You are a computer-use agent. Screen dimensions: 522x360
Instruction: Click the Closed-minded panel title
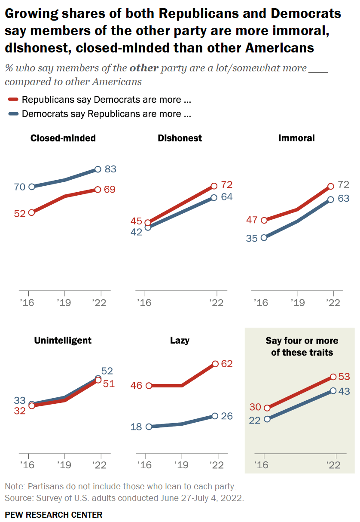(63, 138)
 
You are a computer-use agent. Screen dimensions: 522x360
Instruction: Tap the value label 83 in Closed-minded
(110, 169)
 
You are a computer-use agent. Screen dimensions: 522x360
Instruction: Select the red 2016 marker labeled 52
(31, 212)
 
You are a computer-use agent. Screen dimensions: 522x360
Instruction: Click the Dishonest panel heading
(180, 138)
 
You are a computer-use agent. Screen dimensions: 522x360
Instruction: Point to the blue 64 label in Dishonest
(226, 197)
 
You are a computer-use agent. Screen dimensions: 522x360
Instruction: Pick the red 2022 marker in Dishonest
(214, 186)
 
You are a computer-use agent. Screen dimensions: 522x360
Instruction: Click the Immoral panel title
(296, 138)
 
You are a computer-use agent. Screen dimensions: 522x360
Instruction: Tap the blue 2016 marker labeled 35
(264, 237)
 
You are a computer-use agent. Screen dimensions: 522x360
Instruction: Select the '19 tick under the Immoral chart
(296, 303)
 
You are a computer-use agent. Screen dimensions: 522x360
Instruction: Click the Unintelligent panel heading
(63, 340)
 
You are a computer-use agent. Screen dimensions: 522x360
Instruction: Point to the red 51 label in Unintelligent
(109, 383)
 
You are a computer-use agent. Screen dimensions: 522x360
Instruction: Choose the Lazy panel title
(180, 340)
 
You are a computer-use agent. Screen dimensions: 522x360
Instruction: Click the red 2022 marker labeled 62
(215, 364)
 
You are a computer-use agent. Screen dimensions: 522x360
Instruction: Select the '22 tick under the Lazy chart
(217, 465)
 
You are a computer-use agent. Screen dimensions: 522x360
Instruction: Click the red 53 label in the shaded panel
(344, 377)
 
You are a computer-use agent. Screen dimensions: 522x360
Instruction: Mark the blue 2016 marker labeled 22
(267, 419)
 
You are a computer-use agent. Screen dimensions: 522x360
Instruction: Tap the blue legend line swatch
(13, 114)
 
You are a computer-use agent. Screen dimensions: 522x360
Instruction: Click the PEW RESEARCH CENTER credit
(54, 514)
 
